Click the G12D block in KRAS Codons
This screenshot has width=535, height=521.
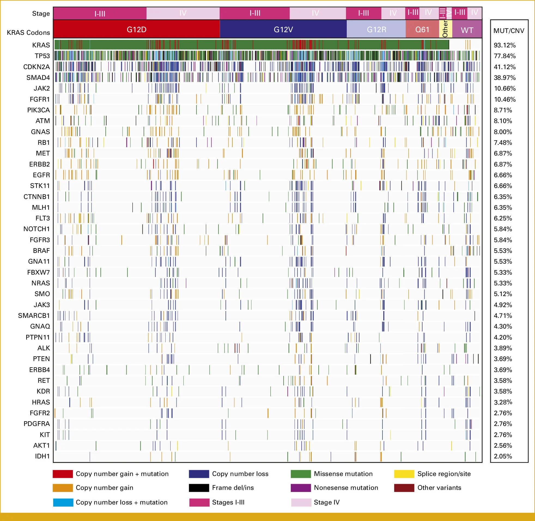136,29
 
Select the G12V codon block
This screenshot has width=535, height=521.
283,29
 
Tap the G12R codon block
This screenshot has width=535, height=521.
376,29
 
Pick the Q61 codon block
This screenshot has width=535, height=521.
422,29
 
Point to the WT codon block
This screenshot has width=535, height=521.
467,30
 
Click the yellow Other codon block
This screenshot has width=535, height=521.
445,29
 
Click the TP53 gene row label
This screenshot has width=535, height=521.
42,56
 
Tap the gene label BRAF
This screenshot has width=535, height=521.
41,251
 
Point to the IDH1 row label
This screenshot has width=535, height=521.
42,456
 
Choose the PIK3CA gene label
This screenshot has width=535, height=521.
38,110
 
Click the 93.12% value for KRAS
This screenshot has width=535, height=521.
505,45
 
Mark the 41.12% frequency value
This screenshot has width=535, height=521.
505,67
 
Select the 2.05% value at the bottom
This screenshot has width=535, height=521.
503,456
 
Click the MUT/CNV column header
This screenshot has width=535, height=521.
509,31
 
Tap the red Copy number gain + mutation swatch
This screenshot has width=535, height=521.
63,474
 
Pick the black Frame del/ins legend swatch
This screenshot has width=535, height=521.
199,488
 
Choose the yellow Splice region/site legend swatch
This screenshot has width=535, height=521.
404,474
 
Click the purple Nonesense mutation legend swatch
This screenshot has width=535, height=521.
301,488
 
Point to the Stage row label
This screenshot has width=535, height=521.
41,13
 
